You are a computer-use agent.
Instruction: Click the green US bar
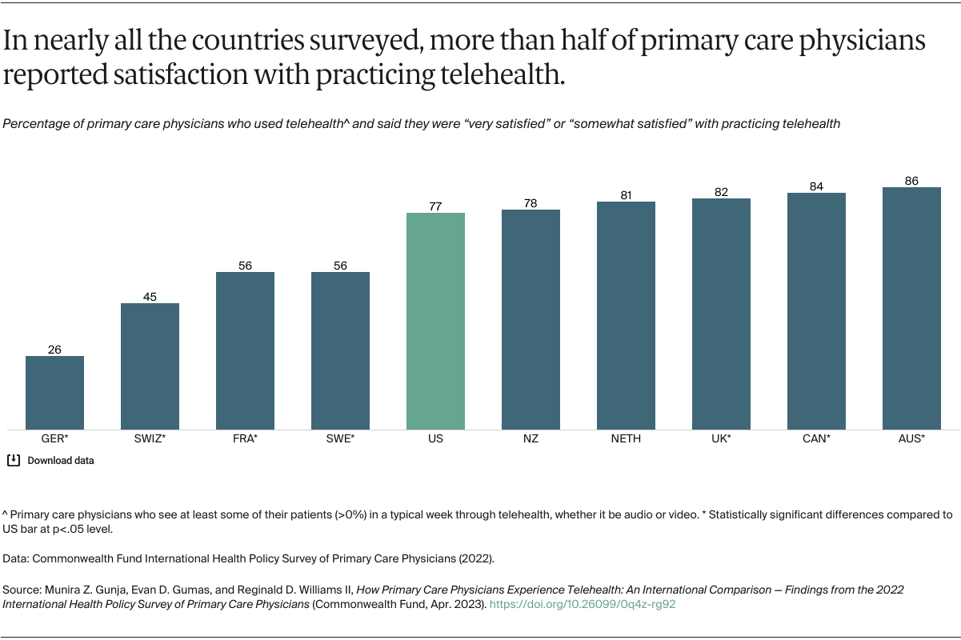pos(435,321)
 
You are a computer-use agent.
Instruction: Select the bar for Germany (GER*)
pos(54,392)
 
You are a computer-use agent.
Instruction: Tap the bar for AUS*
pos(911,308)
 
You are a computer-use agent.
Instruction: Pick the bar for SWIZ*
pos(150,366)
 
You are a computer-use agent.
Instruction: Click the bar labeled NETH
pos(626,315)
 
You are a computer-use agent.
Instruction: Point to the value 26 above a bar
pos(54,350)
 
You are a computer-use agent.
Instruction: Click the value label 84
pos(816,186)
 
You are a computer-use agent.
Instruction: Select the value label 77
pos(435,206)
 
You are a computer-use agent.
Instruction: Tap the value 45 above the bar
pos(150,297)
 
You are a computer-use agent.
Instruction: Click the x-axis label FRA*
pos(245,439)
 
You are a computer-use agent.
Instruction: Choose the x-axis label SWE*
pos(340,439)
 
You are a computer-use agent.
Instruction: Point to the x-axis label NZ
pos(531,439)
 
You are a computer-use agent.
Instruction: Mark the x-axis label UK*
pos(721,439)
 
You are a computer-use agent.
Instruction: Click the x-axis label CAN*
pos(816,439)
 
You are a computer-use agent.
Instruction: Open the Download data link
pos(61,461)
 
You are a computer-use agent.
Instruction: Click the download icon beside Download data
pos(14,460)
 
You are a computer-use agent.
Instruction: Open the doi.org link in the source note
pos(583,604)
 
